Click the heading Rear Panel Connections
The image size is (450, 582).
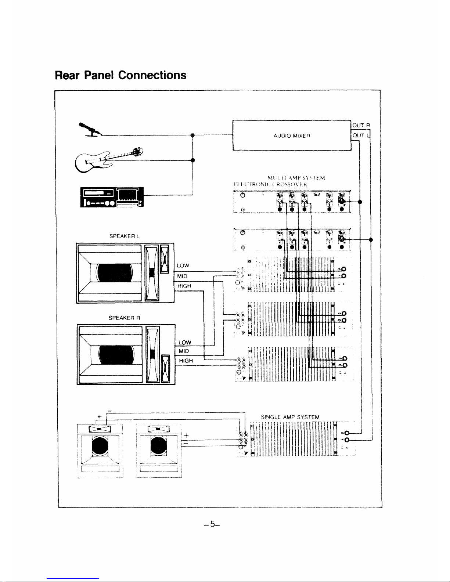120,75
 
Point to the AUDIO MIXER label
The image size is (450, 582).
292,135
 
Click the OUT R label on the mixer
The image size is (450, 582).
363,126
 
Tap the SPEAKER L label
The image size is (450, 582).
123,237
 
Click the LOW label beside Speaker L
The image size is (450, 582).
183,265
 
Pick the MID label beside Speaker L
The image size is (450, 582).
183,276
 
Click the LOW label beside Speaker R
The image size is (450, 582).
185,343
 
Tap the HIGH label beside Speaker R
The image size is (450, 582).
186,361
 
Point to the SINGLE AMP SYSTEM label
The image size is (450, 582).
290,417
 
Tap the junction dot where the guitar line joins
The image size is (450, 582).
193,160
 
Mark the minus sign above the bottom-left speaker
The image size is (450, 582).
110,410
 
